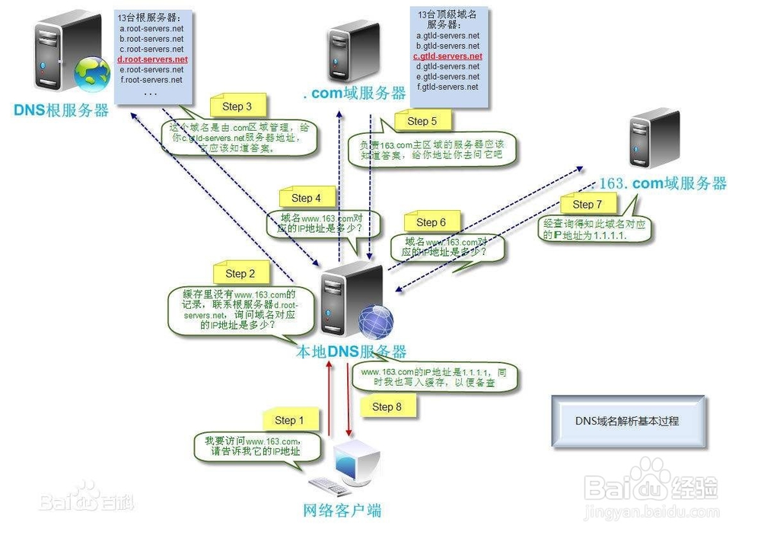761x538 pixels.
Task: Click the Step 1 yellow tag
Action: point(290,420)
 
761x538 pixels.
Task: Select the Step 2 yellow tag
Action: point(241,273)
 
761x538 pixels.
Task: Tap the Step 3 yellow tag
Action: point(237,107)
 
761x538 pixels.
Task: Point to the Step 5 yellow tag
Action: point(422,121)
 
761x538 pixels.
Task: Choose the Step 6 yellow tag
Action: point(431,222)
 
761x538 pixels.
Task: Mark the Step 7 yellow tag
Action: point(587,204)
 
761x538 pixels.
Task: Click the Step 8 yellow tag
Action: point(387,406)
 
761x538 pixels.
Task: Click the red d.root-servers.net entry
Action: point(152,59)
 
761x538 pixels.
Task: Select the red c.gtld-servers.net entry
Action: point(447,56)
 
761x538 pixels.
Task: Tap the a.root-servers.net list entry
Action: point(151,28)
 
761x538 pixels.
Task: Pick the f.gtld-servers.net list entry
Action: point(447,87)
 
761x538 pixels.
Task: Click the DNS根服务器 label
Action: point(61,110)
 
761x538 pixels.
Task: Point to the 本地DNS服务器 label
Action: point(351,352)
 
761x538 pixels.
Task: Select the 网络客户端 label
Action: point(342,511)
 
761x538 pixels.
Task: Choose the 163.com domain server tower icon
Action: point(654,138)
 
